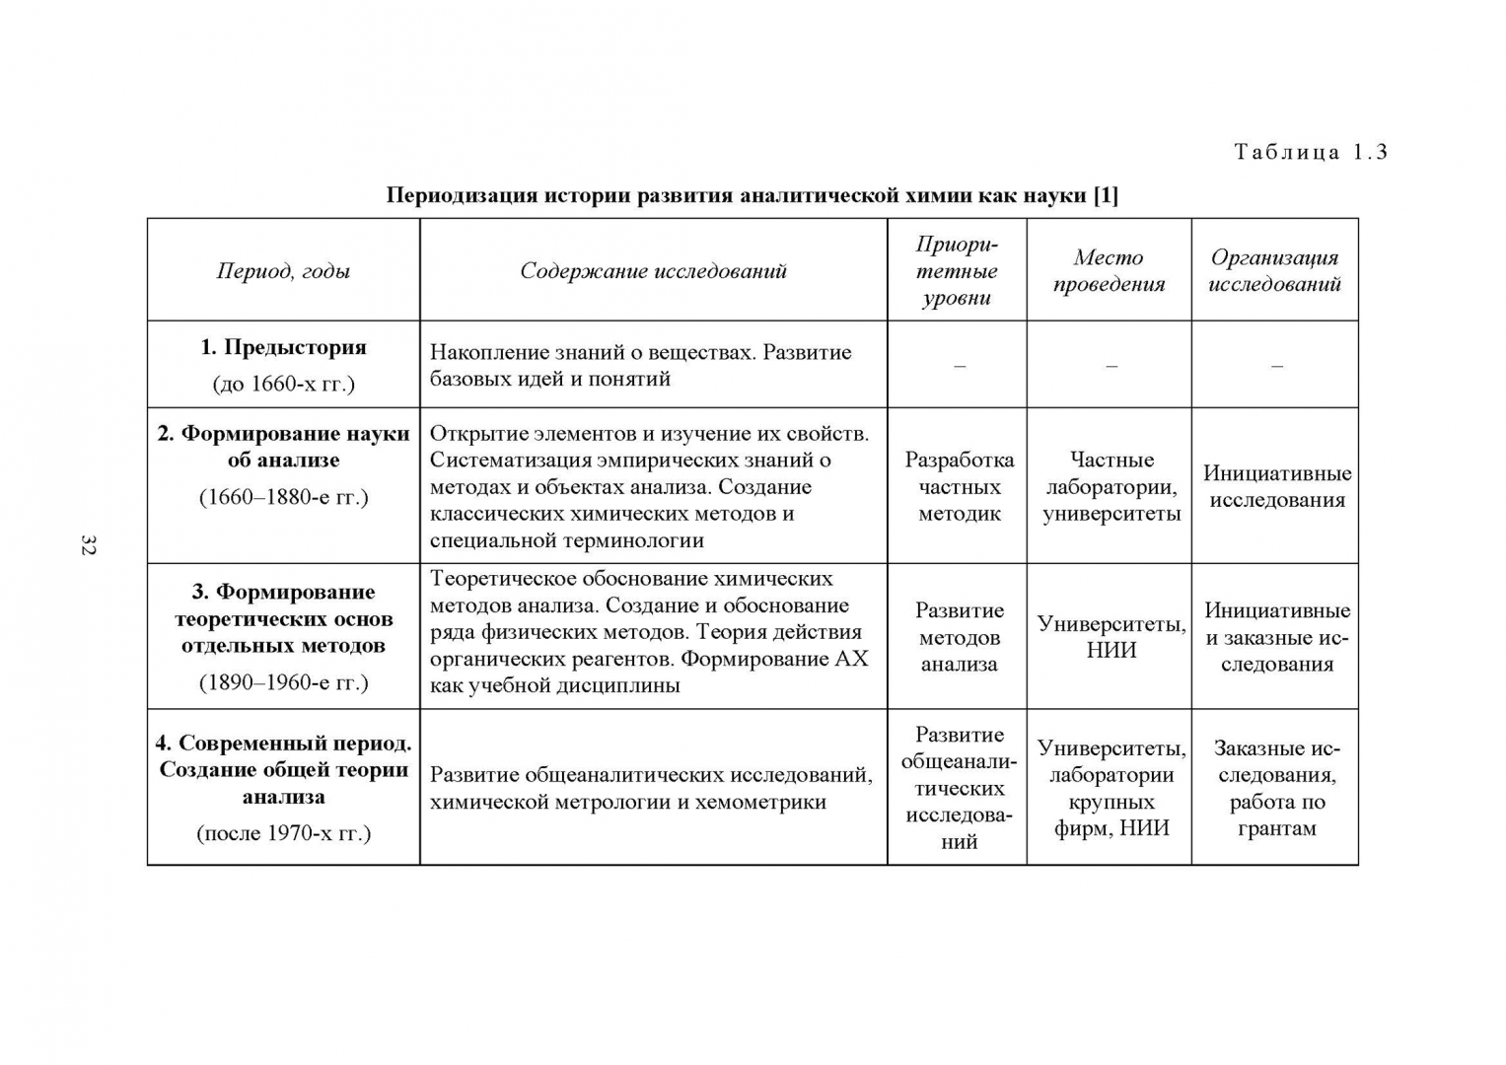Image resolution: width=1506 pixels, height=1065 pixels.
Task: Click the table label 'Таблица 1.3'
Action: (x=1310, y=152)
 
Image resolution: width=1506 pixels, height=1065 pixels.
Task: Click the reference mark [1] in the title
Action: (x=1106, y=195)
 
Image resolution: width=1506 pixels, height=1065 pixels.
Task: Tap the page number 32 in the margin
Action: (x=88, y=545)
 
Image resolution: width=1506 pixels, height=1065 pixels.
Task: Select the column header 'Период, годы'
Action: (x=283, y=271)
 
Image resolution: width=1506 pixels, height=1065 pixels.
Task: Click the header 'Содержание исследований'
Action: (x=653, y=271)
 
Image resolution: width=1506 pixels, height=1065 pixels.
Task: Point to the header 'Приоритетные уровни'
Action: (x=957, y=271)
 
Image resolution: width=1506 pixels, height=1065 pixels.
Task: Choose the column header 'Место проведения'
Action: (x=1109, y=271)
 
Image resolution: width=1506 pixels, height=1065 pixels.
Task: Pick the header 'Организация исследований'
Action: (x=1274, y=271)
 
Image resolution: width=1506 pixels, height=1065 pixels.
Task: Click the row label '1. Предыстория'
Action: (x=283, y=347)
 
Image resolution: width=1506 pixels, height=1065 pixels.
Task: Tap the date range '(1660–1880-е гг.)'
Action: (x=283, y=497)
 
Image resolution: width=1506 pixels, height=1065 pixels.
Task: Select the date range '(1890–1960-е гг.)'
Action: (x=283, y=682)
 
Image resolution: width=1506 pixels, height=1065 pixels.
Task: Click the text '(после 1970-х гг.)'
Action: (x=283, y=833)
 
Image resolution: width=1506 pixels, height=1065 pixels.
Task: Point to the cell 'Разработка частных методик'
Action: (x=959, y=486)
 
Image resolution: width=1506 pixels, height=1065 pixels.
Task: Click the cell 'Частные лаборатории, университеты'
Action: (x=1112, y=486)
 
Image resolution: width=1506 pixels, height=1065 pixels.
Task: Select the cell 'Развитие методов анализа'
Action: (x=959, y=637)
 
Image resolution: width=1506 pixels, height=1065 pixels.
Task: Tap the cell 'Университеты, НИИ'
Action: (x=1112, y=637)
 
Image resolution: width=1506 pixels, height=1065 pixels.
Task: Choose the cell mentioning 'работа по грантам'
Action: (x=1276, y=788)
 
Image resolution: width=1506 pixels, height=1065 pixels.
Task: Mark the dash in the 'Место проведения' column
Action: (x=1112, y=366)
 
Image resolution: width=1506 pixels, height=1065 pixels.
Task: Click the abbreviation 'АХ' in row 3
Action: (x=851, y=659)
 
